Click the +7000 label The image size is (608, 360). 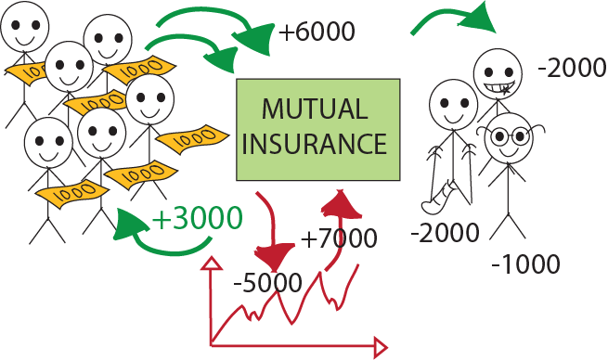click(339, 239)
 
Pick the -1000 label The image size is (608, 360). click(526, 265)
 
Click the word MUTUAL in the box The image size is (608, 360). click(317, 110)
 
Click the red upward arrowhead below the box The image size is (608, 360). click(342, 202)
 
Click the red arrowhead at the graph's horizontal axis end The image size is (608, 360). click(379, 348)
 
